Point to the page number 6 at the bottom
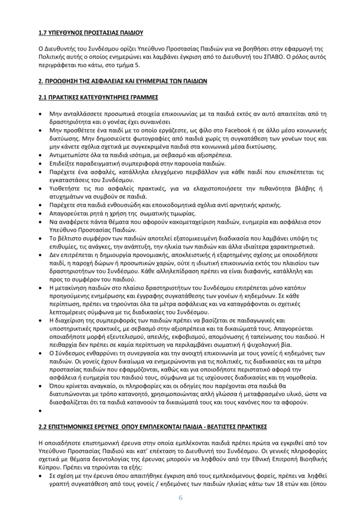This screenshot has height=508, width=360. tap(180, 498)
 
